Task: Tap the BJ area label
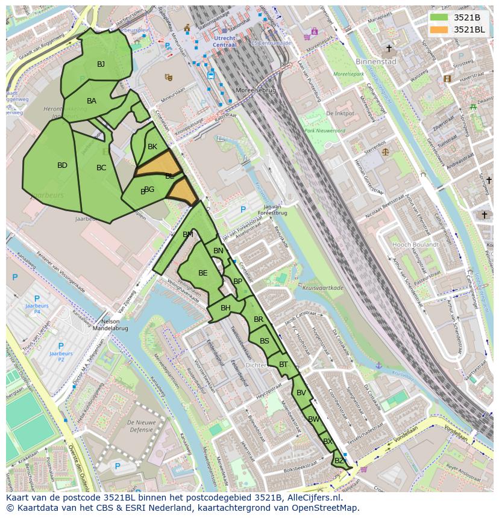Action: [101, 64]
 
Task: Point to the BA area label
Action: [92, 101]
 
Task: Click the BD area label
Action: [62, 165]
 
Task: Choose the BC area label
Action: [101, 168]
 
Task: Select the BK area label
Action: [152, 147]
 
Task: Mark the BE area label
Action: [203, 273]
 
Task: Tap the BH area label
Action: [225, 308]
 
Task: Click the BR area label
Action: [259, 319]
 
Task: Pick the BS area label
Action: [265, 341]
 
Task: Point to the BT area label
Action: [283, 365]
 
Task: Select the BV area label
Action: [301, 393]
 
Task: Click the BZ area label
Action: [339, 461]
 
